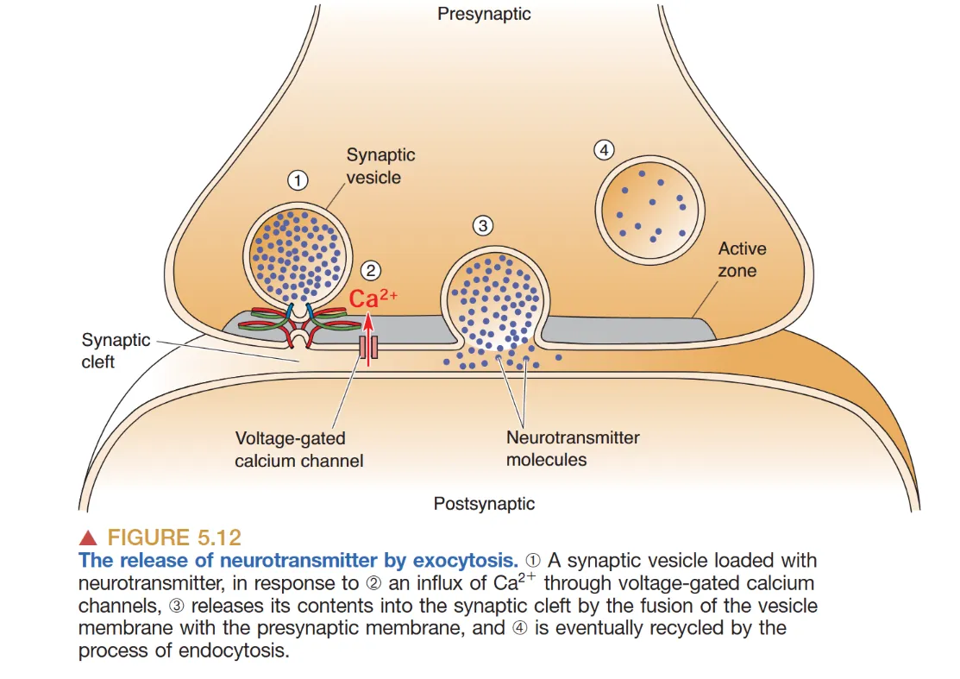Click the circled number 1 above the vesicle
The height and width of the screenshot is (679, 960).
(x=298, y=181)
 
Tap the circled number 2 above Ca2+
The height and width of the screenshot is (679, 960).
(x=372, y=270)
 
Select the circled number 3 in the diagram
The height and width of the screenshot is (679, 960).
(x=483, y=226)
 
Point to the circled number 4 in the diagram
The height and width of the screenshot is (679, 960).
(x=604, y=150)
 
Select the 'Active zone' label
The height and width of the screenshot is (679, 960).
(x=742, y=259)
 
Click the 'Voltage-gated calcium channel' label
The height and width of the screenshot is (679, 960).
(x=298, y=449)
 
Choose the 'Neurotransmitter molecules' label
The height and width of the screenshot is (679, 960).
(x=572, y=448)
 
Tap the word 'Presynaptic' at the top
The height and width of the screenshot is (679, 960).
(x=484, y=14)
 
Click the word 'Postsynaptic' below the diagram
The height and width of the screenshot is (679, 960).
(x=484, y=504)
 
